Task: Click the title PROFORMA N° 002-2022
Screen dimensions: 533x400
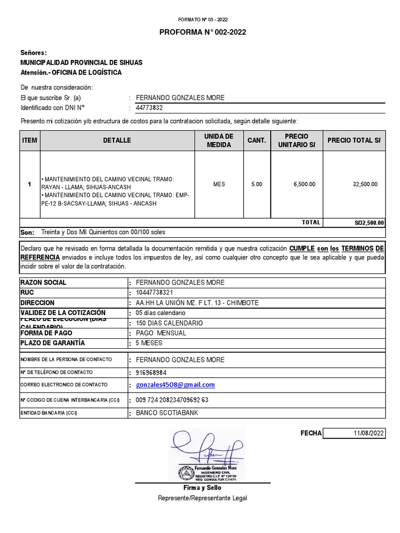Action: pos(202,32)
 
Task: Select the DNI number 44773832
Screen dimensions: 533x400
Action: pos(149,108)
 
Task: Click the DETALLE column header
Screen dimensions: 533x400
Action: pos(117,141)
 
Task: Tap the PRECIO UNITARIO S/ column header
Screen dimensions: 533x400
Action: pos(296,141)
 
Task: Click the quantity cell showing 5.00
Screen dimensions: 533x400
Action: pos(257,184)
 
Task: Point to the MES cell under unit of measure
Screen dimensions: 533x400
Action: pos(219,184)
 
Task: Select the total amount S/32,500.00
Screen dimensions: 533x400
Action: pos(368,223)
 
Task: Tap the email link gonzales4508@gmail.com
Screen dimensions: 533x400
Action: pos(175,385)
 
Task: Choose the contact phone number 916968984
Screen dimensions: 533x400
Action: pos(151,373)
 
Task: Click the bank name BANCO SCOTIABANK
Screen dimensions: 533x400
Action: pos(167,413)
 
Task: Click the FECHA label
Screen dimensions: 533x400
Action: pos(311,434)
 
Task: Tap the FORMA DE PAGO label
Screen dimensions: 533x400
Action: pos(46,333)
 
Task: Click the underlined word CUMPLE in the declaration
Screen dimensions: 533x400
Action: pos(302,248)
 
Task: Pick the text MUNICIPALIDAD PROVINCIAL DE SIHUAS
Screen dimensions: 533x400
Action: pos(81,62)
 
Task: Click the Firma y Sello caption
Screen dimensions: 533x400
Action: pos(202,488)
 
